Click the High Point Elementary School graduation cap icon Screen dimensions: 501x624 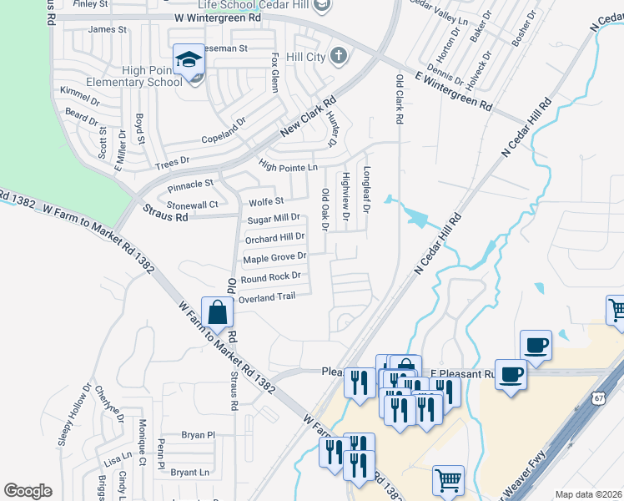189,60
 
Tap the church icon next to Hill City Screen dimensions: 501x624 338,56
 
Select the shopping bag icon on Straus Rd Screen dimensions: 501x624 217,314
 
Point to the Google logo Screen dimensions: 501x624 28,491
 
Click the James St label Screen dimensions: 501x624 107,29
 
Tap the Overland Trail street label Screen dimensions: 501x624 267,297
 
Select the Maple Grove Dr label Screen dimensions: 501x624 274,258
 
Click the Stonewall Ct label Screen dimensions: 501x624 192,205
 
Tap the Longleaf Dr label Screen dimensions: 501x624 365,188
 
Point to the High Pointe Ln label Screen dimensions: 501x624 288,167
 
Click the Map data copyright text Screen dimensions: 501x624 589,494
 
